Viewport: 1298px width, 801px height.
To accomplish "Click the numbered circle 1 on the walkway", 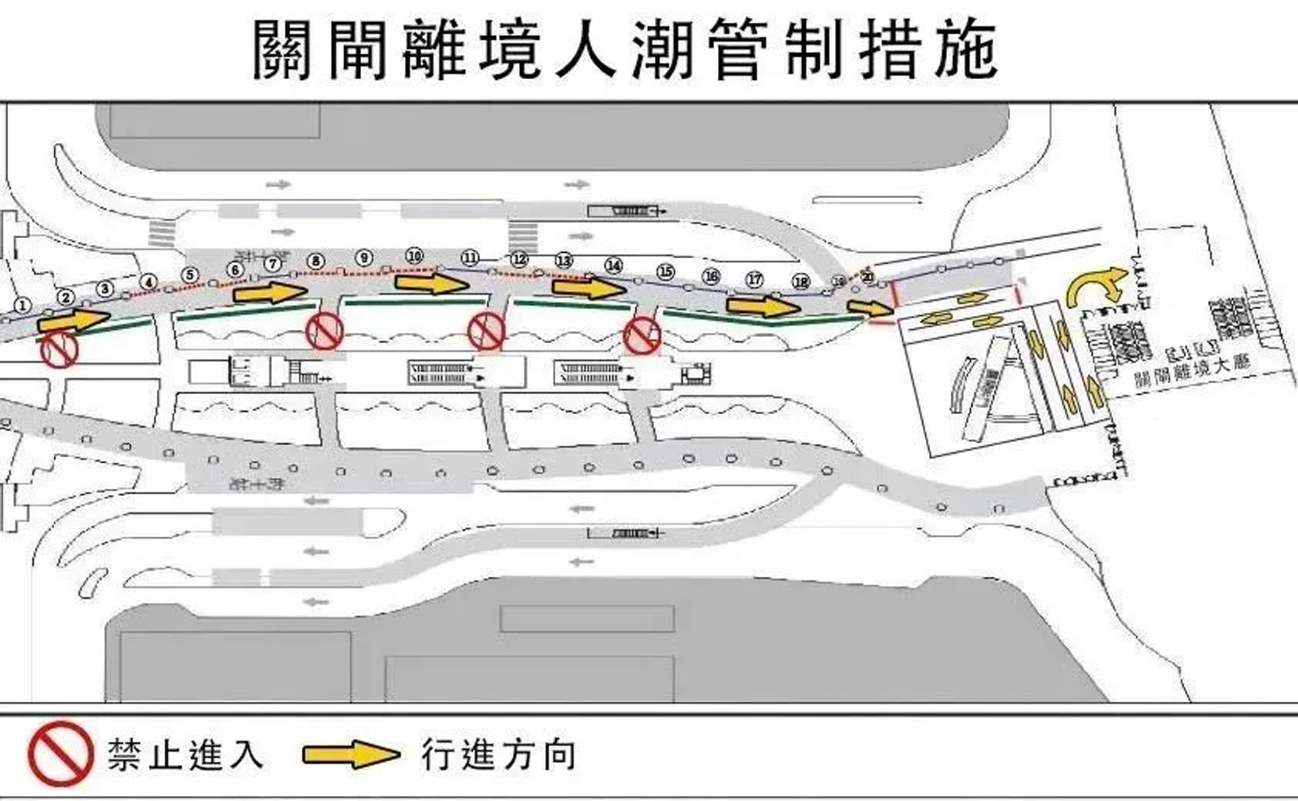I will point(23,305).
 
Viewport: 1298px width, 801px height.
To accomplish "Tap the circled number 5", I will point(190,276).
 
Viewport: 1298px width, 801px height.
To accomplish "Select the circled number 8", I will point(316,262).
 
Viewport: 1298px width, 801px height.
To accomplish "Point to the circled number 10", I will point(415,256).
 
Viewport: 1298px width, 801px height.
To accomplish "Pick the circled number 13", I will point(563,261).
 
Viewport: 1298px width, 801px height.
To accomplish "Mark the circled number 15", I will point(664,272).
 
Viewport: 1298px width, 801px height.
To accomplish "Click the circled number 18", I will point(801,282).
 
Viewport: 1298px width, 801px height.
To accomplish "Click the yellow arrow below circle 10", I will point(431,282).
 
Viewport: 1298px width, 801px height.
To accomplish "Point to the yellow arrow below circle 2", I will point(73,321).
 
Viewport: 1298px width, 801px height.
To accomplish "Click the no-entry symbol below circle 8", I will point(324,331).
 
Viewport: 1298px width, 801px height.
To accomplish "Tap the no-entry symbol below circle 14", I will point(642,336).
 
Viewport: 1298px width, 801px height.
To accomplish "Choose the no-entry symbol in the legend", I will point(60,753).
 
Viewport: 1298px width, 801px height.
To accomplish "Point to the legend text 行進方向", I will point(498,755).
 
